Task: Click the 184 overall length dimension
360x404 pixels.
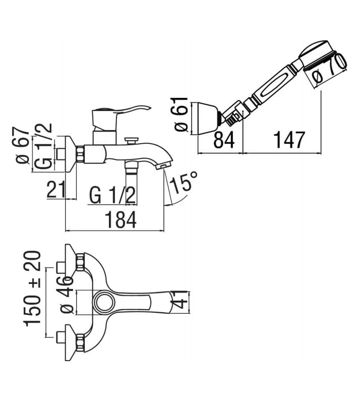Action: (122, 220)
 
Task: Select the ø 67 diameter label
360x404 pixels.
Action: (22, 145)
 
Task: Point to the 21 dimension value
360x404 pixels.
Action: (55, 189)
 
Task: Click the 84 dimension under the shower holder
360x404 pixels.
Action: (224, 140)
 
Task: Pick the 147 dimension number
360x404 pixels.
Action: (289, 140)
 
